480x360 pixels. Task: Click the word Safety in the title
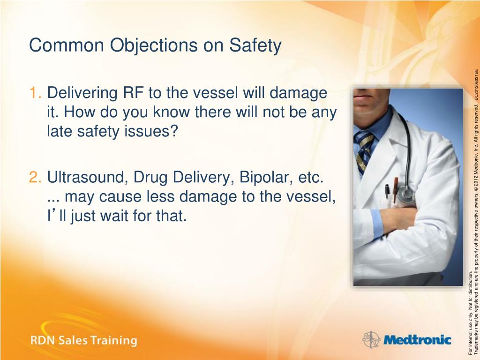click(x=255, y=46)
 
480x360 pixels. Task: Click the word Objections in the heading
click(x=154, y=46)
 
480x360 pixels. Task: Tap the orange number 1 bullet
click(x=35, y=92)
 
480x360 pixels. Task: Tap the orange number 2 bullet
click(x=35, y=177)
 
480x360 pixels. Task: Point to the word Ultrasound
click(x=88, y=177)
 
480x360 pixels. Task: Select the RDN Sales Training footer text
click(x=83, y=340)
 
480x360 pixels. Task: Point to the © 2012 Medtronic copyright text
click(x=476, y=156)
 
